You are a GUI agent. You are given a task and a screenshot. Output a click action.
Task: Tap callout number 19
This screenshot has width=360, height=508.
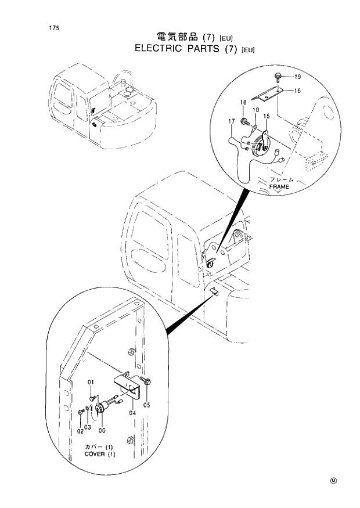297,77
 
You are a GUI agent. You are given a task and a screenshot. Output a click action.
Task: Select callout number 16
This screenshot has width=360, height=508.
297,91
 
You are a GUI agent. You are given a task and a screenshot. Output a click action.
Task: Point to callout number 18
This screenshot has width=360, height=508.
243,102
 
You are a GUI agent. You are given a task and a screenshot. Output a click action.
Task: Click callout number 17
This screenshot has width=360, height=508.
231,121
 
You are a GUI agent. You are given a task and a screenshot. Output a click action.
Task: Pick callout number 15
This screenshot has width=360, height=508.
266,116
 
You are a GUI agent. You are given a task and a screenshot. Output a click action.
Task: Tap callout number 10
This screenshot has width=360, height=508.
255,109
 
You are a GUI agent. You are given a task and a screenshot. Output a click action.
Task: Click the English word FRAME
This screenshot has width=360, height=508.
279,186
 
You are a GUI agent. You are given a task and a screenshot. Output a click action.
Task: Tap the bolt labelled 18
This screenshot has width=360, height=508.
246,121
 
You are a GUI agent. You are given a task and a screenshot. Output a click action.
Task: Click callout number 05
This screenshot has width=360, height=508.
146,405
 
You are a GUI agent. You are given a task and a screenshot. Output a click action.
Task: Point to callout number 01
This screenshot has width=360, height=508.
91,382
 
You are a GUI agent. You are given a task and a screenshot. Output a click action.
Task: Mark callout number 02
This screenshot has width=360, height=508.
80,431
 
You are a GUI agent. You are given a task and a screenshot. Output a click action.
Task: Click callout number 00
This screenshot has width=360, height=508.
102,430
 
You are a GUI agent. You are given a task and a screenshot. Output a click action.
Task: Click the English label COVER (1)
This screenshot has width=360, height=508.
100,454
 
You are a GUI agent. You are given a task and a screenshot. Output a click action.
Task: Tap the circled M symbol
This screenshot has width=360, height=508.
333,480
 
